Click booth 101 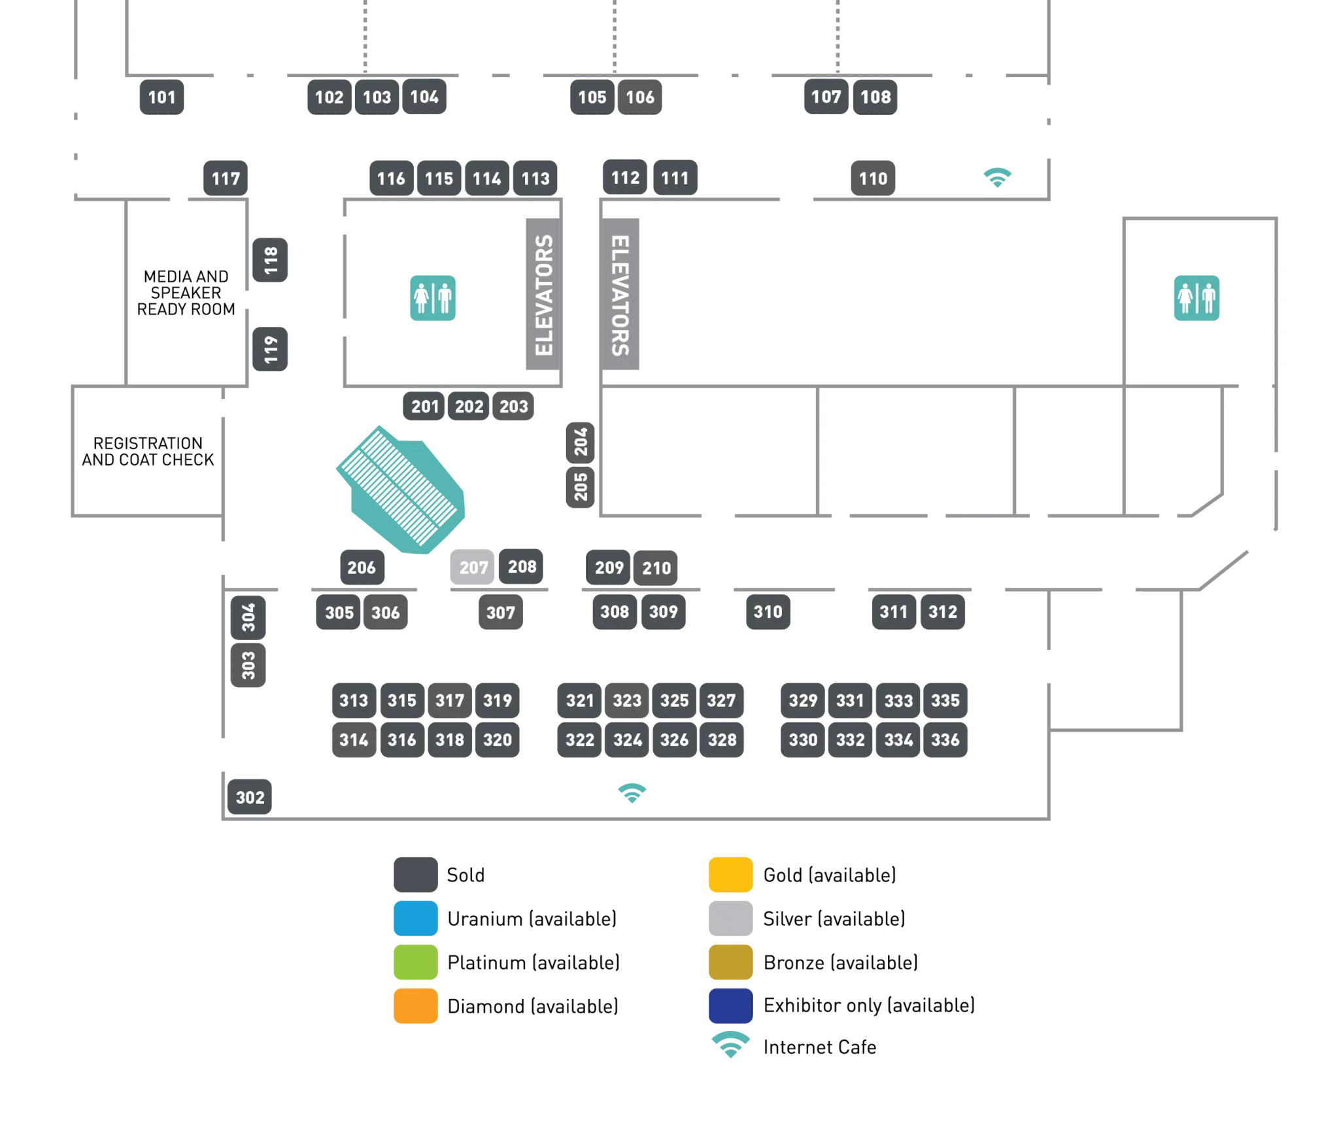(161, 97)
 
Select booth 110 (873, 178)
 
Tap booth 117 (226, 178)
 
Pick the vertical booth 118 (271, 261)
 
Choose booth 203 (514, 407)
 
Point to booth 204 (581, 442)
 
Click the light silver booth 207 (473, 567)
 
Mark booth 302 (250, 798)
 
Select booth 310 (768, 612)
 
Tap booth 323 (627, 701)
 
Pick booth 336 (945, 740)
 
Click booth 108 (875, 97)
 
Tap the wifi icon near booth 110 (998, 177)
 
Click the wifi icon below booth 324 (632, 793)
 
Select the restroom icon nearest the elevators (433, 299)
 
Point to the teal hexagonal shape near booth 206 (401, 491)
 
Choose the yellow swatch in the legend (730, 873)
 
